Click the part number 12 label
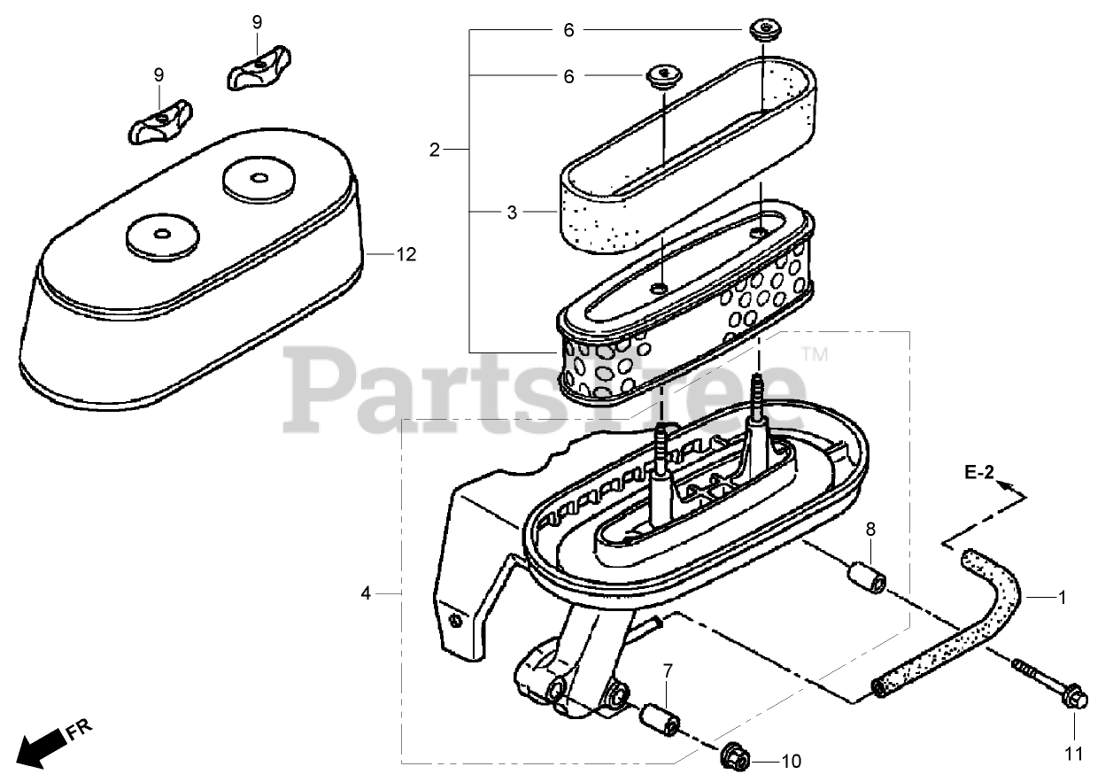pyautogui.click(x=406, y=255)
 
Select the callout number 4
pyautogui.click(x=366, y=594)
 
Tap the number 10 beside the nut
pyautogui.click(x=791, y=761)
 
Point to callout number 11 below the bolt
pyautogui.click(x=1074, y=755)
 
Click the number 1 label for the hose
pyautogui.click(x=1063, y=598)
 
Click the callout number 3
pyautogui.click(x=511, y=213)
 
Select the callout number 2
pyautogui.click(x=434, y=151)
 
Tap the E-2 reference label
pyautogui.click(x=978, y=474)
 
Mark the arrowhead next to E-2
pyautogui.click(x=1007, y=485)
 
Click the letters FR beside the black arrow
pyautogui.click(x=80, y=730)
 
